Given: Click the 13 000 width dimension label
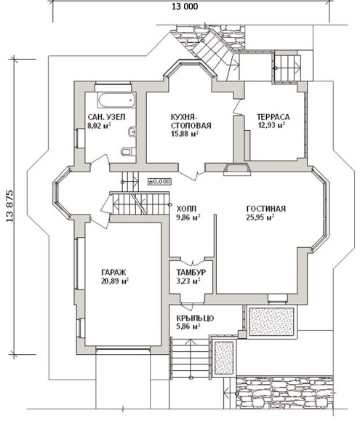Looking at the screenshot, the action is tap(185, 7).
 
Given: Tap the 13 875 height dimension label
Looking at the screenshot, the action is tap(9, 206).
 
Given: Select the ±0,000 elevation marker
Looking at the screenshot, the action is tap(160, 181).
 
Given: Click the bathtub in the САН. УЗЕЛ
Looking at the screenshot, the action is tap(116, 100).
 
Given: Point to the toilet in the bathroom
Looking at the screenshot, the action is tap(128, 151).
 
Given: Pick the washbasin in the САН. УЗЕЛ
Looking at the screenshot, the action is tap(132, 132).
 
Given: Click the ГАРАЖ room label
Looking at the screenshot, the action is tap(113, 273).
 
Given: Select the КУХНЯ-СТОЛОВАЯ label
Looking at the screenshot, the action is tap(191, 121).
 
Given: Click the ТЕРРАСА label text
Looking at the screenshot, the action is tap(273, 117).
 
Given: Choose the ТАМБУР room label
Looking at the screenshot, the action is tap(191, 273).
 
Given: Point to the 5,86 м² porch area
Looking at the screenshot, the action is tap(188, 326).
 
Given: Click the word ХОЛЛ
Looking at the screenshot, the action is tap(186, 209).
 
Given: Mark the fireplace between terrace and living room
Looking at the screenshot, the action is tap(237, 169).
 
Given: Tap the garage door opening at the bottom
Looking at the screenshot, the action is tap(123, 348).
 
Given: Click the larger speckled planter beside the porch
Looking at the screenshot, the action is tap(272, 321).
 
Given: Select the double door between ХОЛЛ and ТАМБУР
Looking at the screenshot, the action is tap(193, 260).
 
